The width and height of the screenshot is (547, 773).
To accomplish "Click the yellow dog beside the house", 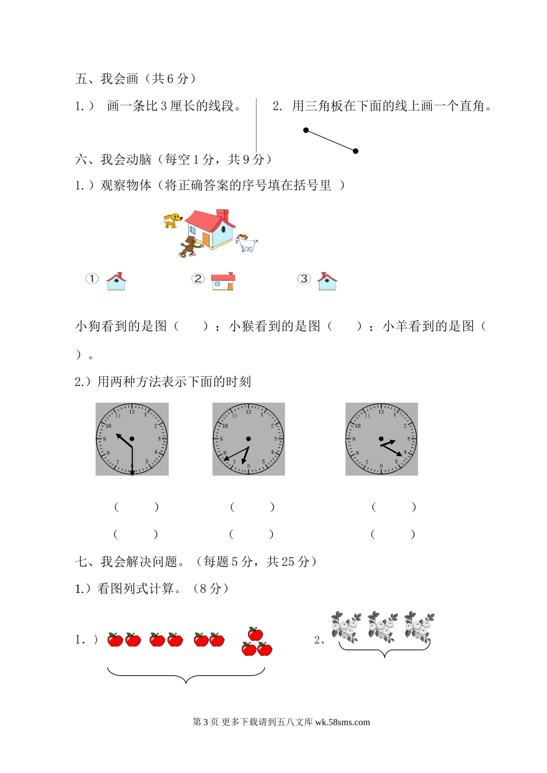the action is pyautogui.click(x=173, y=220).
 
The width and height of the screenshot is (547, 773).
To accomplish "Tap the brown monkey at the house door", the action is pyautogui.click(x=190, y=246).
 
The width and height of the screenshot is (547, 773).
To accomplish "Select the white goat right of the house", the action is pyautogui.click(x=246, y=243).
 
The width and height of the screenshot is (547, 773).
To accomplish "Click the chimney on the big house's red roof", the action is pyautogui.click(x=222, y=215).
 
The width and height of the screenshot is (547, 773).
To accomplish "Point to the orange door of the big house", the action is pyautogui.click(x=206, y=240).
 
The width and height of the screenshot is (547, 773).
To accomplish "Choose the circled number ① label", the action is pyautogui.click(x=92, y=278).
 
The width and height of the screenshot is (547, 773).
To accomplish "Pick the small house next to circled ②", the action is pyautogui.click(x=223, y=282).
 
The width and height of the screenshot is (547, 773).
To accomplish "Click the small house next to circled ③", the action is pyautogui.click(x=327, y=282).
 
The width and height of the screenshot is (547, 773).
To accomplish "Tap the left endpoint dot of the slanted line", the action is pyautogui.click(x=306, y=130).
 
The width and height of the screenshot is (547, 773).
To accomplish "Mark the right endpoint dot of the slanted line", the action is pyautogui.click(x=356, y=151).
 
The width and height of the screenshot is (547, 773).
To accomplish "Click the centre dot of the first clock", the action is pyautogui.click(x=132, y=439).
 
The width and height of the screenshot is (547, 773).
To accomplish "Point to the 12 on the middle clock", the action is pyautogui.click(x=248, y=412).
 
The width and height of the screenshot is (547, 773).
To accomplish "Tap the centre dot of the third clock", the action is pyautogui.click(x=381, y=439).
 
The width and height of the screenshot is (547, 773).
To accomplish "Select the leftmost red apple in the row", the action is pyautogui.click(x=115, y=640).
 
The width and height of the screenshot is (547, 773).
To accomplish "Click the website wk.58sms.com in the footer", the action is pyautogui.click(x=343, y=722).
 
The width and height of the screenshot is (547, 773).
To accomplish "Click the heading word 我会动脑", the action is pyautogui.click(x=126, y=159).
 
